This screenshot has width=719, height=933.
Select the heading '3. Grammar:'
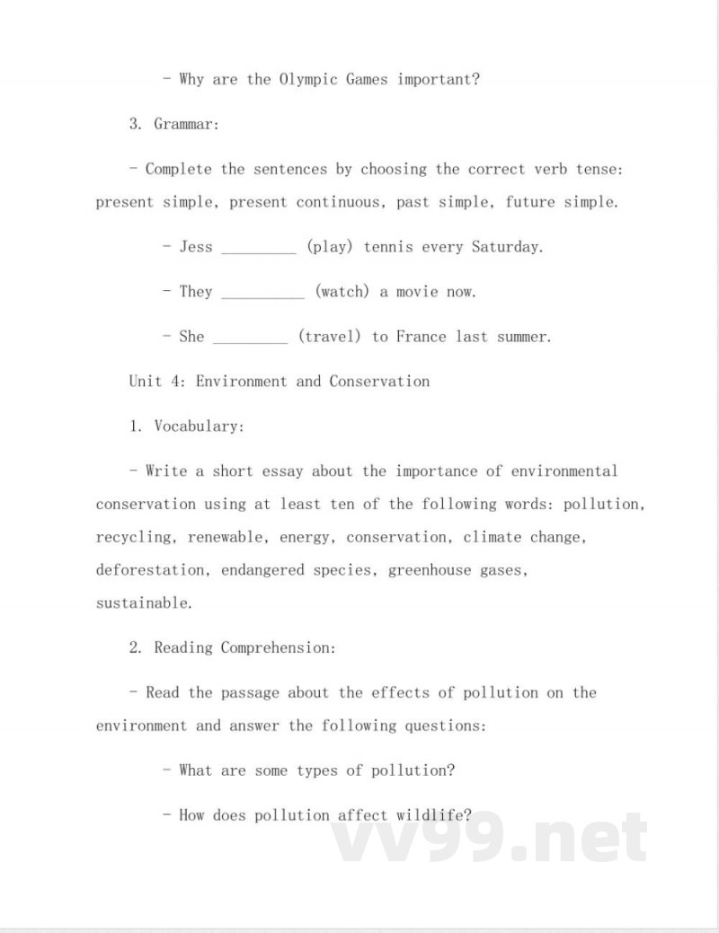pos(173,124)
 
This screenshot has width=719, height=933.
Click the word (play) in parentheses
pos(330,246)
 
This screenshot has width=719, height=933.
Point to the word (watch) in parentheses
pos(342,291)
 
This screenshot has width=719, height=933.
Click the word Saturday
pos(507,246)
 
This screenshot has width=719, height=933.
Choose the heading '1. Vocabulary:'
pos(186,427)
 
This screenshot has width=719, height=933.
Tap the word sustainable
pos(144,603)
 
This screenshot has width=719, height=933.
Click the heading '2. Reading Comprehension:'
pos(232,647)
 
